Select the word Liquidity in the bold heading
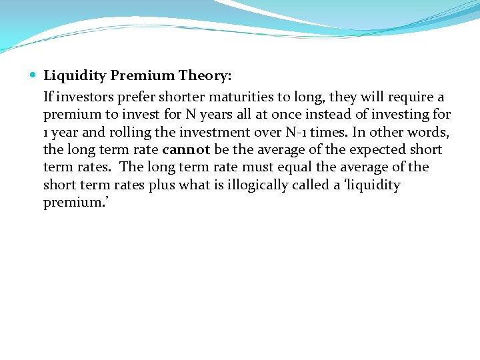[73, 76]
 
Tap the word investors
[83, 97]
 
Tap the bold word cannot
[186, 149]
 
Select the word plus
[162, 185]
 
